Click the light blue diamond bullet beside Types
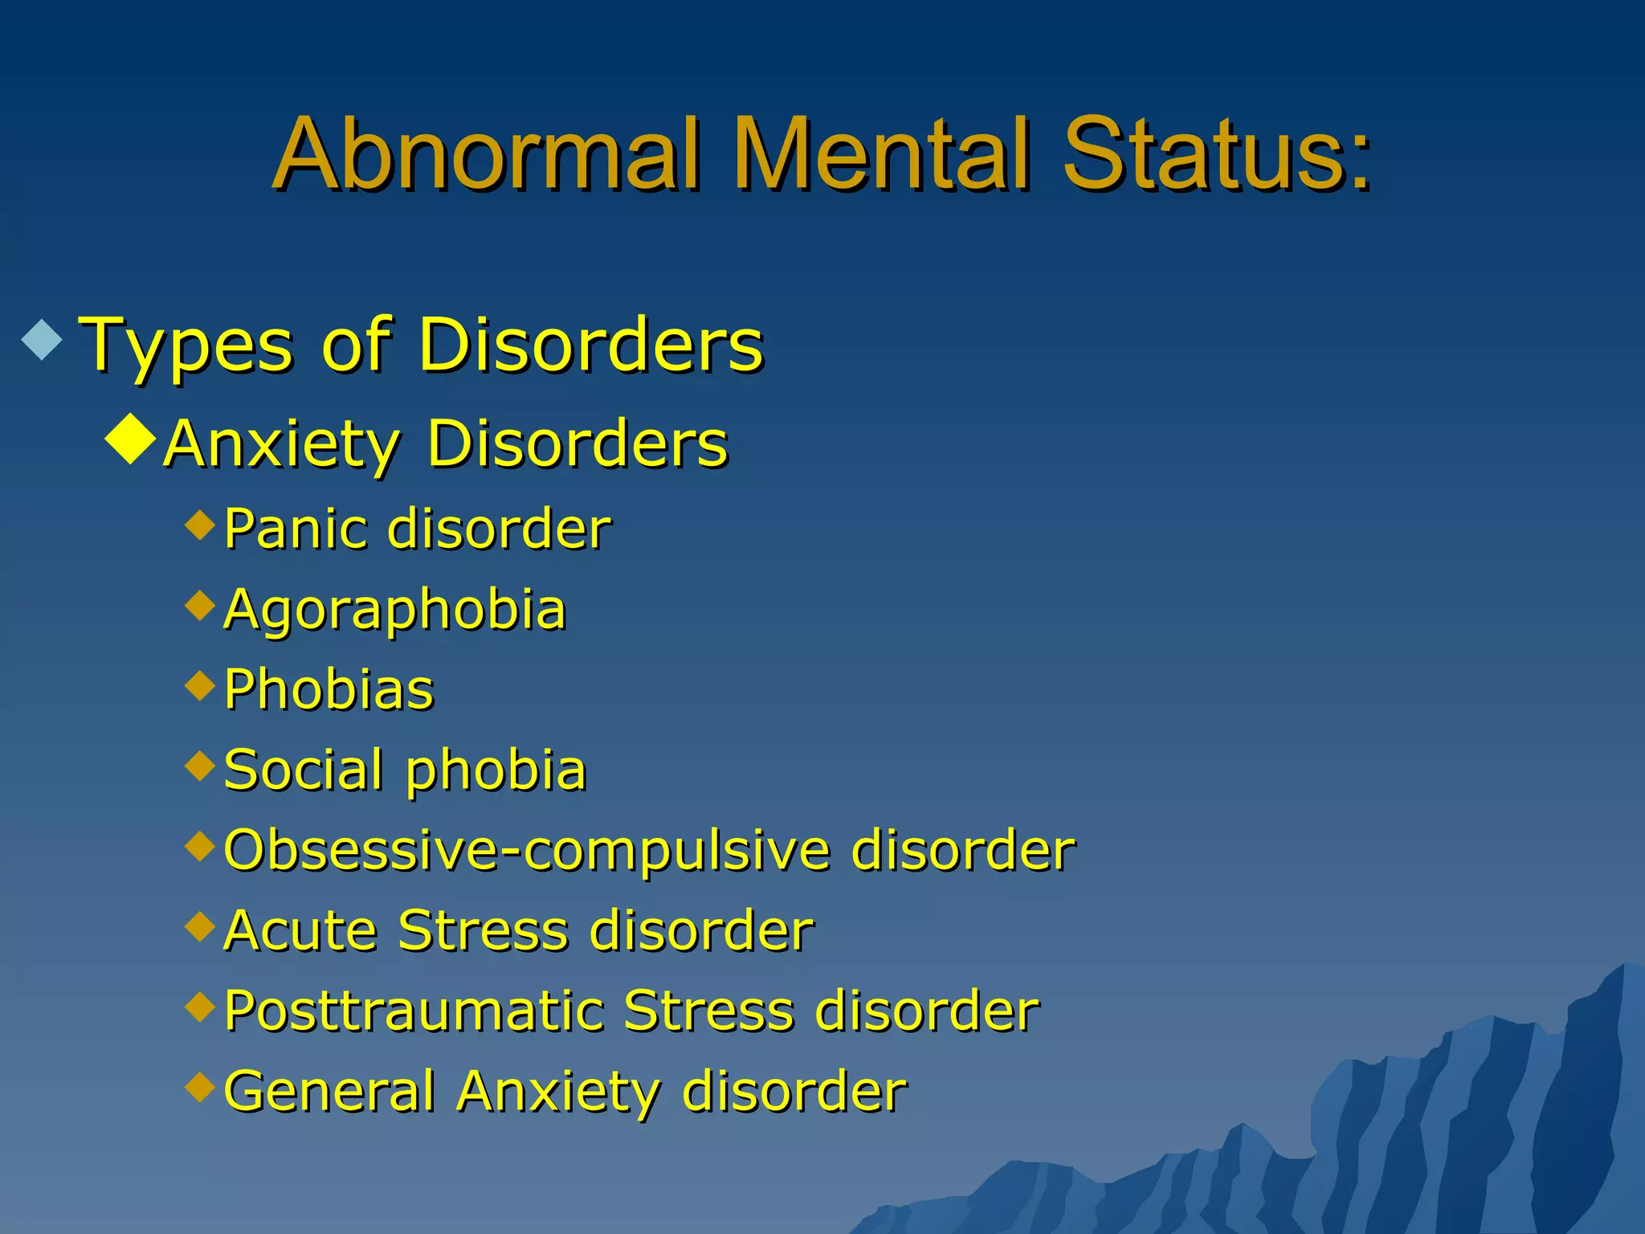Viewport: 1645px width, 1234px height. (x=42, y=338)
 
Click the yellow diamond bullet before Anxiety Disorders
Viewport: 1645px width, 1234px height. (x=129, y=440)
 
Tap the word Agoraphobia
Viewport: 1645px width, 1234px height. (x=395, y=611)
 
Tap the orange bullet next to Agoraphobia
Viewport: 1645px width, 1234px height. (x=200, y=605)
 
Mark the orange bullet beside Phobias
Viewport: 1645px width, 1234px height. (x=200, y=685)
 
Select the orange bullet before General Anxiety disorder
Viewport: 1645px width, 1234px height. (x=200, y=1087)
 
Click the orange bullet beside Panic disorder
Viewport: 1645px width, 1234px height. (x=200, y=525)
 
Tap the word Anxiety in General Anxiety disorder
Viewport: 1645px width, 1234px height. (x=559, y=1093)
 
